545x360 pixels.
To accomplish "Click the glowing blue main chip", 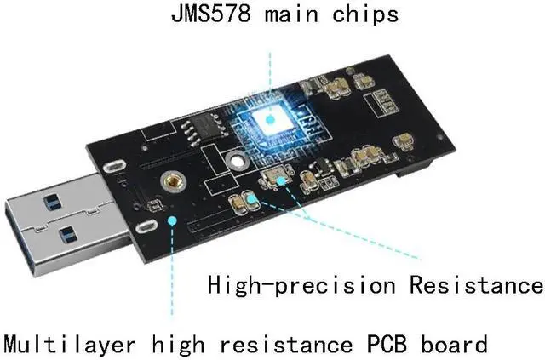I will tap(272, 118).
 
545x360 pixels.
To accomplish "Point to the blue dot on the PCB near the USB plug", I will tap(174, 220).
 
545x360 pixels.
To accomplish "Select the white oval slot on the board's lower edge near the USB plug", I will tap(146, 227).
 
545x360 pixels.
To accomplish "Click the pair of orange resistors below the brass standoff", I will tap(244, 201).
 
